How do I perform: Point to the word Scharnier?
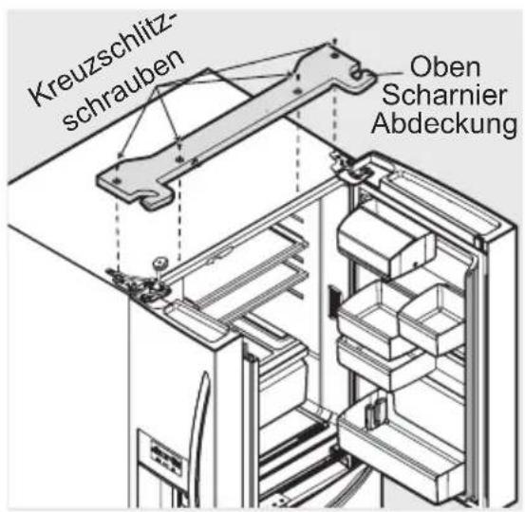[457, 98]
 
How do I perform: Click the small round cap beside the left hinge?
[159, 261]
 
